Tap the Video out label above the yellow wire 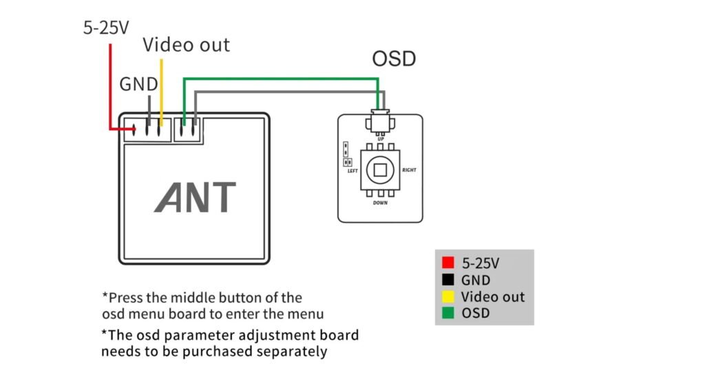point(186,45)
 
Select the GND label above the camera point(138,84)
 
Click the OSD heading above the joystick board point(394,59)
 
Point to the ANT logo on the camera point(195,197)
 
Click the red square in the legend point(448,263)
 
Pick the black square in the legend point(448,280)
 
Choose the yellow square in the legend point(448,297)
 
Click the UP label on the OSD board point(381,139)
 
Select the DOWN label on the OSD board point(381,203)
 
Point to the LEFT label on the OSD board point(352,170)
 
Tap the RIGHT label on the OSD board point(409,170)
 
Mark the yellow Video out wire point(160,90)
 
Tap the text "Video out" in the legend point(492,297)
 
